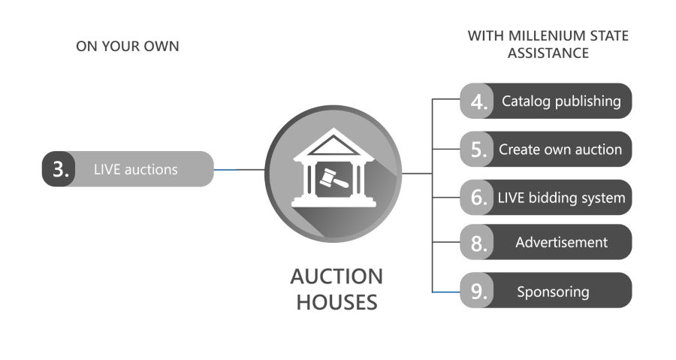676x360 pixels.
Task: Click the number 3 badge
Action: pyautogui.click(x=59, y=169)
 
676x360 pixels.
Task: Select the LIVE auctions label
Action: pyautogui.click(x=136, y=169)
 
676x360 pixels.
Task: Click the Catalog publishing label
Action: pyautogui.click(x=561, y=101)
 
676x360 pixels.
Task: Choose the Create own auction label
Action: pyautogui.click(x=560, y=149)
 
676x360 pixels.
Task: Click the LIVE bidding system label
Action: pyautogui.click(x=561, y=198)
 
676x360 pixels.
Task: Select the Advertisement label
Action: pyautogui.click(x=561, y=242)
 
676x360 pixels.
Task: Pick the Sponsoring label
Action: pyautogui.click(x=553, y=291)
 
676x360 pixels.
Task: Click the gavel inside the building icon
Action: pyautogui.click(x=330, y=179)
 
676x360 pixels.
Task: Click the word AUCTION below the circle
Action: pyautogui.click(x=336, y=276)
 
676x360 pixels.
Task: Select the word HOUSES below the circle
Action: pyautogui.click(x=336, y=303)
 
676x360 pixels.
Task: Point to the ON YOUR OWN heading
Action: pyautogui.click(x=128, y=47)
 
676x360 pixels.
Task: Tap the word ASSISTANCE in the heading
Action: pyautogui.click(x=548, y=53)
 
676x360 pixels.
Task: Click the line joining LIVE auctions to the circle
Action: pyautogui.click(x=239, y=170)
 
